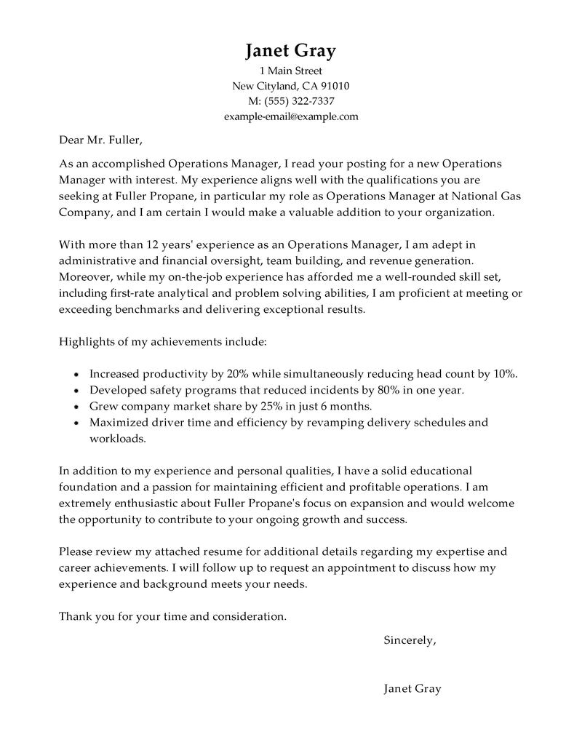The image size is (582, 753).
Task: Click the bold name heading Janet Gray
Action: (290, 50)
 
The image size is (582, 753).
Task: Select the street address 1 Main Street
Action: (290, 71)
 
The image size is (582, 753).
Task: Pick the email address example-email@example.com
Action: (290, 116)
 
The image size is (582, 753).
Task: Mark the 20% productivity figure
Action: (239, 374)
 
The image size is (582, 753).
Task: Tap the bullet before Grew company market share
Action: (77, 407)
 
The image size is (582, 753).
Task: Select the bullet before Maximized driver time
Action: (77, 423)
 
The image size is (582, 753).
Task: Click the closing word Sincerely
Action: (409, 641)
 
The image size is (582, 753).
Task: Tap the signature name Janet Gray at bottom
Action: (412, 688)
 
